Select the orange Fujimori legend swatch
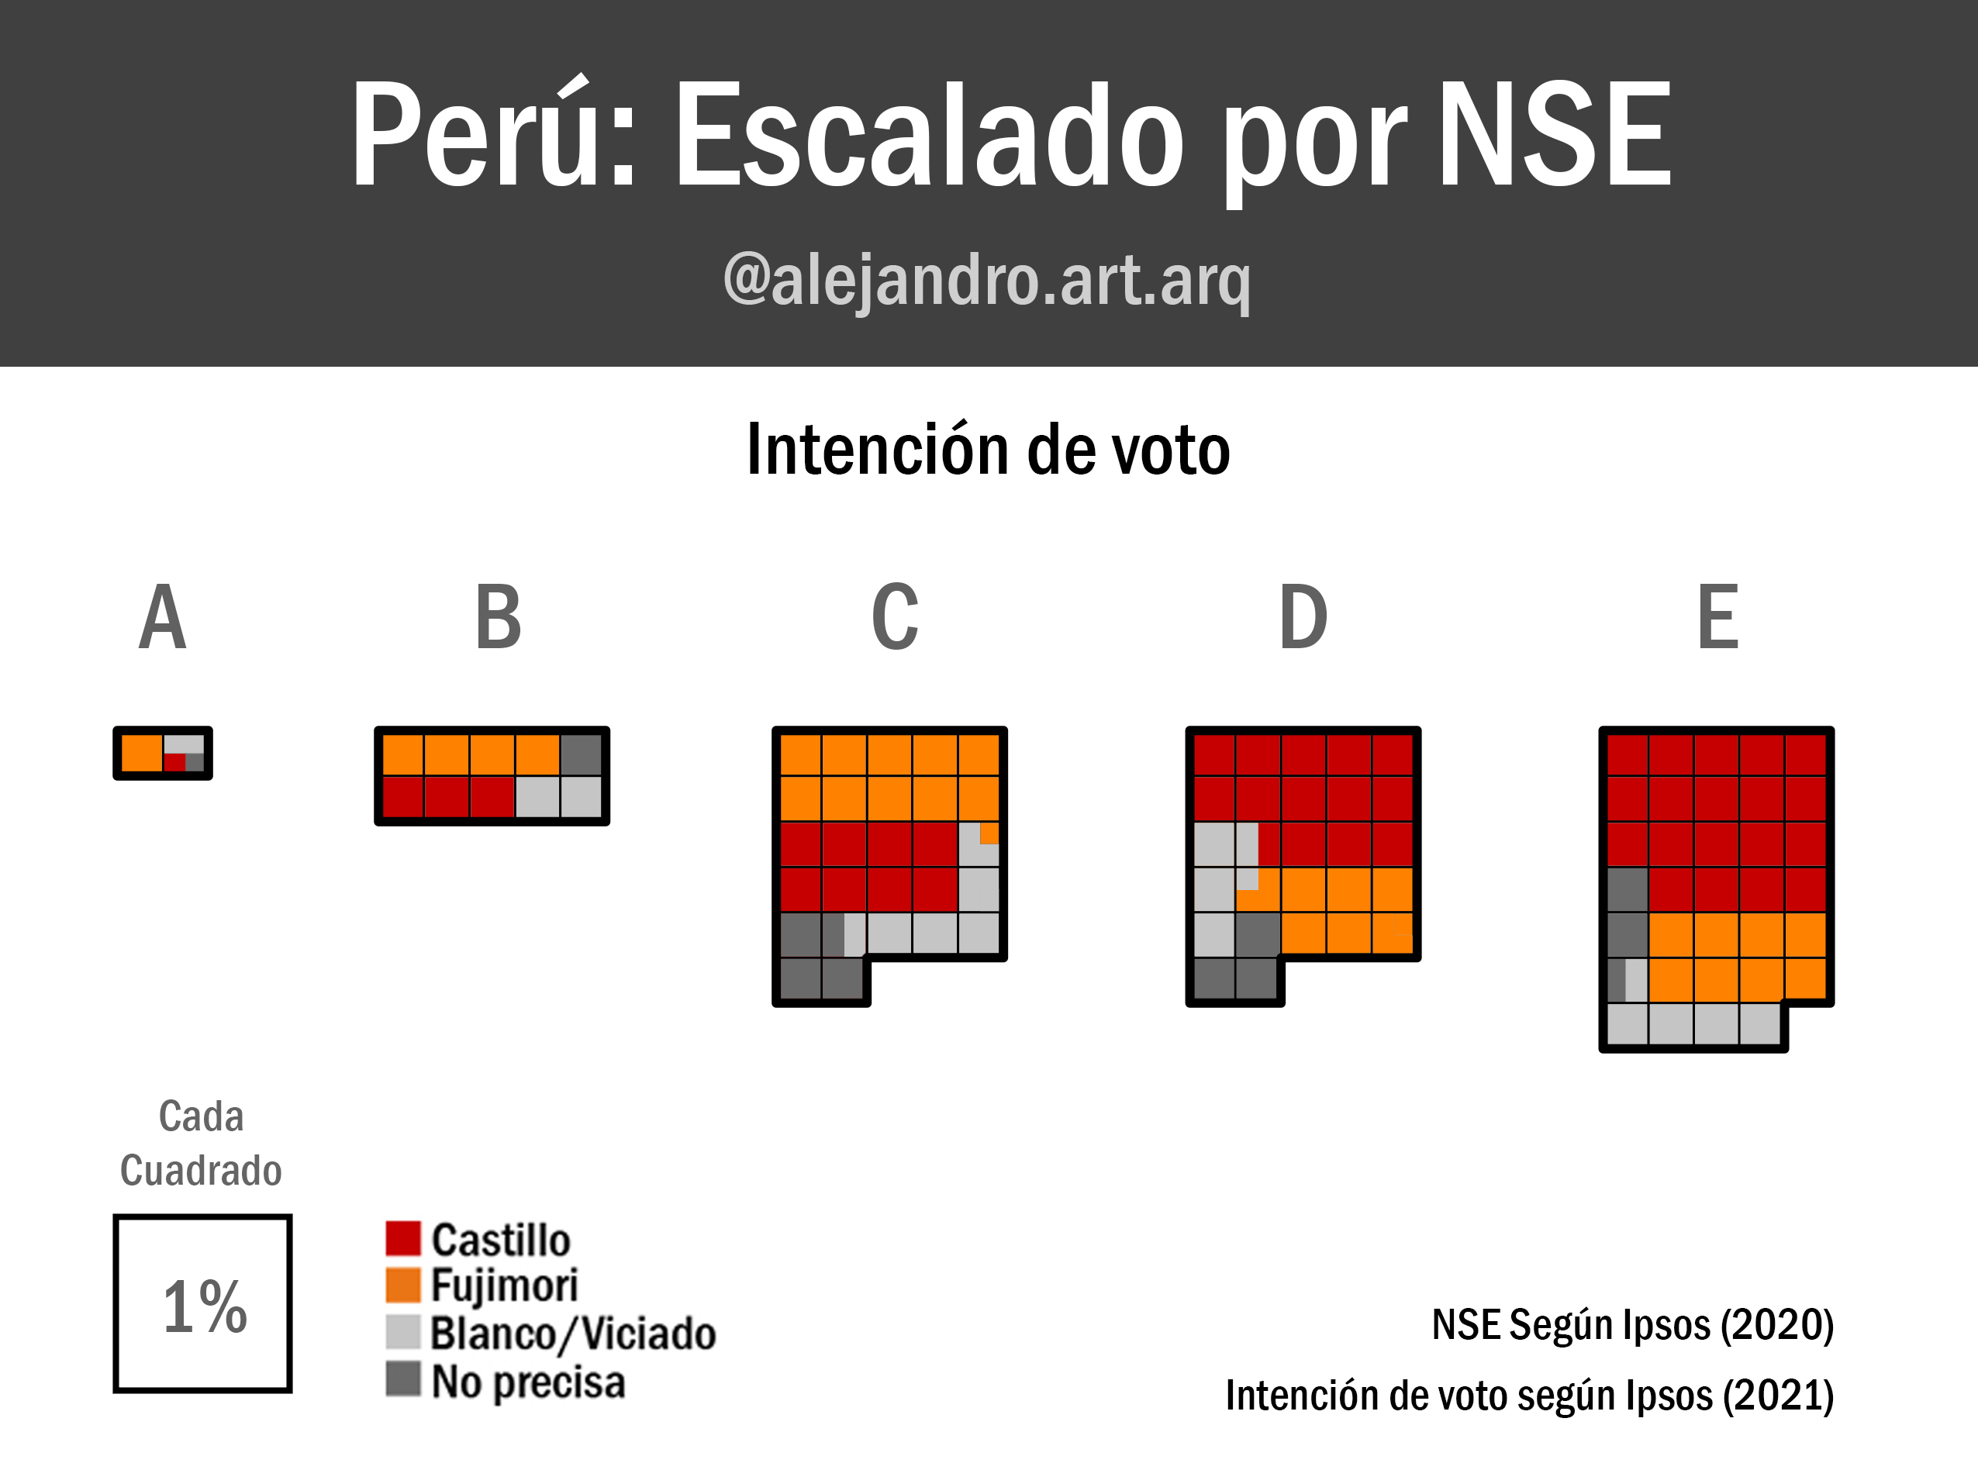[403, 1285]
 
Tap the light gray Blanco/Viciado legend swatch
[403, 1332]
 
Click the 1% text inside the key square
[205, 1306]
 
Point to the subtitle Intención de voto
[989, 450]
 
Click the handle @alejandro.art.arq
[987, 281]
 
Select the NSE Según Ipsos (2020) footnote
[1633, 1325]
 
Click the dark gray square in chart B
[582, 754]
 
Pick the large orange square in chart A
[141, 753]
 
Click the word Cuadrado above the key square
[201, 1170]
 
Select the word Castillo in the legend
[501, 1241]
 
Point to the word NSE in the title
[1555, 133]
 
